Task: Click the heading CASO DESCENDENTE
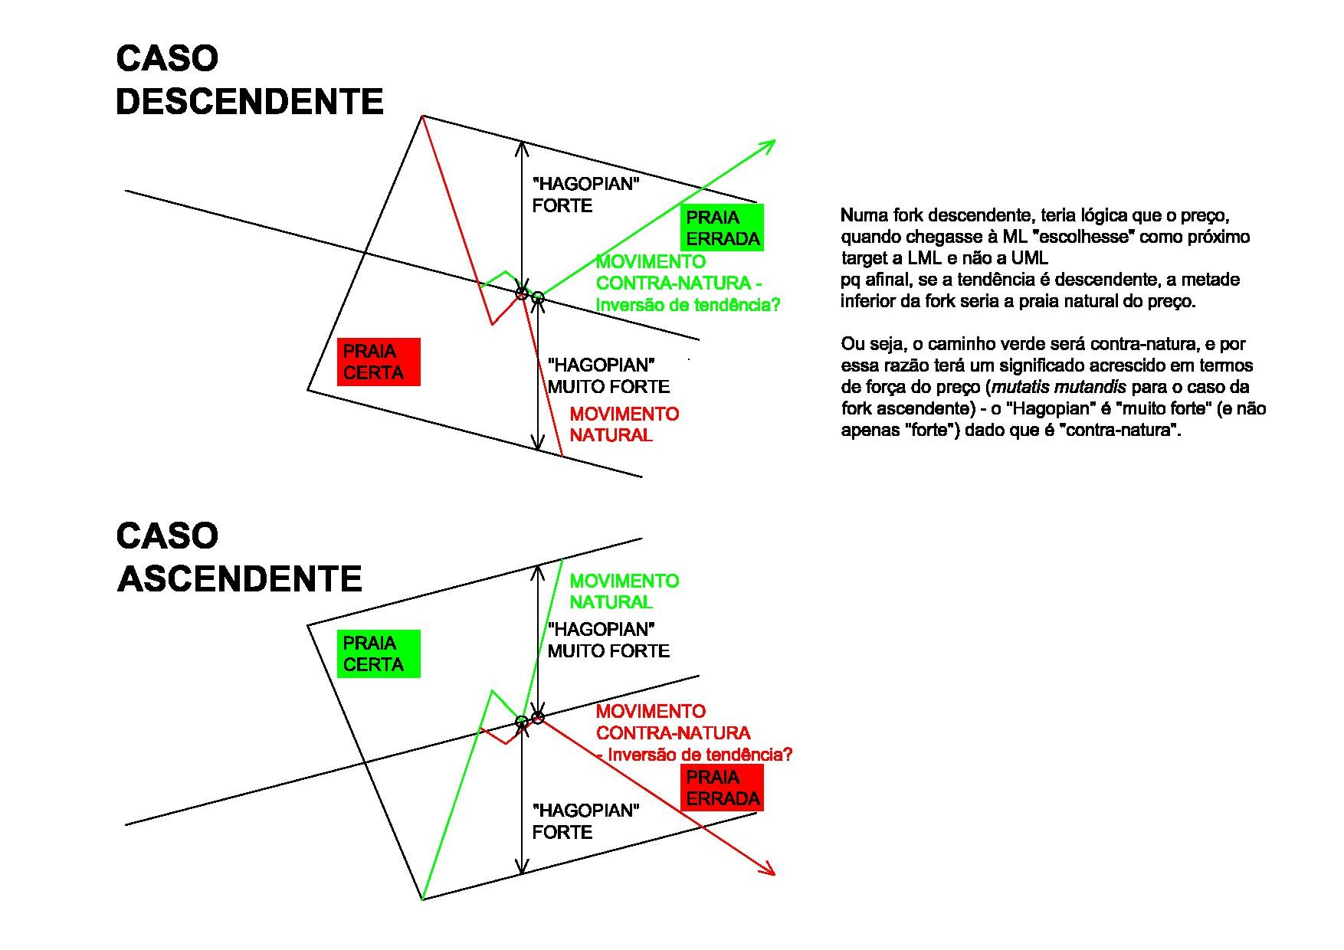point(249,80)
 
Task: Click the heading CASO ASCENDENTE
point(239,557)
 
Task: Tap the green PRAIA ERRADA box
point(722,228)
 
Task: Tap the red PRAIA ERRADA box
point(722,788)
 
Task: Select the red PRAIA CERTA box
point(379,362)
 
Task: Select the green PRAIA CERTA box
point(379,654)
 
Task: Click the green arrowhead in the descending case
point(769,144)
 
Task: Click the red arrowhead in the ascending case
point(769,870)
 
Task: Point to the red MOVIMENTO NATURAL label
point(624,424)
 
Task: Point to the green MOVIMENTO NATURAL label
point(624,591)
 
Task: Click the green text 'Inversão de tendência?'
point(687,305)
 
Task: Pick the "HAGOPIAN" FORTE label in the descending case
point(585,195)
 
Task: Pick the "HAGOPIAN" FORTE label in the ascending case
point(585,821)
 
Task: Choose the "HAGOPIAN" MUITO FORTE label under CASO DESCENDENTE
point(608,375)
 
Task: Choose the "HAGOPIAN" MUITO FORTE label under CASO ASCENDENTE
point(608,640)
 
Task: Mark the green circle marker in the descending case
point(538,297)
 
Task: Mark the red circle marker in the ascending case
point(538,718)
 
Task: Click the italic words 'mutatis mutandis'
point(1058,387)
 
